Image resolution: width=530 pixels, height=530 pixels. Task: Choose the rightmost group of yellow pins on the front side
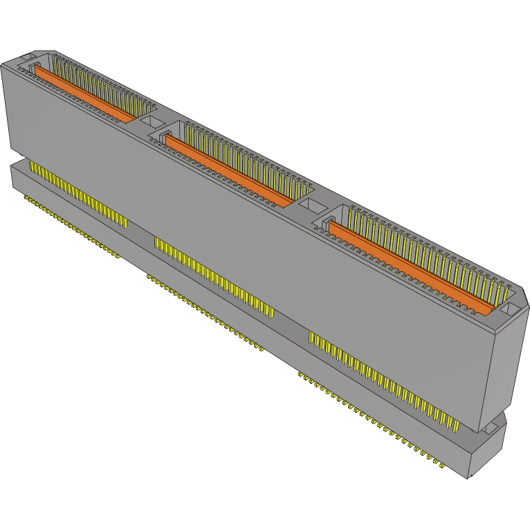pyautogui.click(x=381, y=377)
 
